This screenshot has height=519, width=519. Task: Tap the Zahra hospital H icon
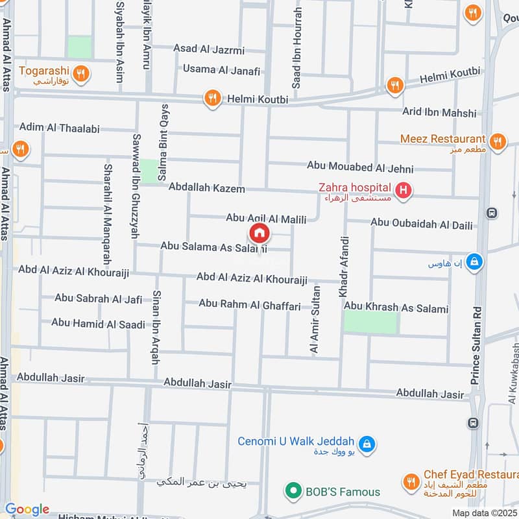coord(404,190)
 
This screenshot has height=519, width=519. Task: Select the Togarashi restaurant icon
coord(81,74)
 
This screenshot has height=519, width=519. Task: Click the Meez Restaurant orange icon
coord(497,141)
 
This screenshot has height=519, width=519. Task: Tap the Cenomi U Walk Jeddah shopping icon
coord(367,444)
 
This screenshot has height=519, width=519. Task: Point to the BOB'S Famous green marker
coord(294,491)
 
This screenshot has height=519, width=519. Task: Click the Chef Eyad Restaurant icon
coord(410,481)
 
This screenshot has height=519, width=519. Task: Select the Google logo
coord(27,509)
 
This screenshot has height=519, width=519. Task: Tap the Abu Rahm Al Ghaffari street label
coord(250,303)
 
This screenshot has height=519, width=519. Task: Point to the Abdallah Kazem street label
coord(207,188)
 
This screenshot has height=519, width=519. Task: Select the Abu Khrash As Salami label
coord(396,309)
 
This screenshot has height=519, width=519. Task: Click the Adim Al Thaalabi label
coord(60,128)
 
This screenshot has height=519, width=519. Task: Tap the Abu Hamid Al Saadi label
coord(98,322)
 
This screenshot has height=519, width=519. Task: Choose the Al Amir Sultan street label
coord(315,320)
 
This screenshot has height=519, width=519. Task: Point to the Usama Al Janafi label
coord(221,70)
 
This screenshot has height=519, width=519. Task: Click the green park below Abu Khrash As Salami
coord(370,322)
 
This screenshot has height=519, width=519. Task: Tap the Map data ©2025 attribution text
coord(483,513)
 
